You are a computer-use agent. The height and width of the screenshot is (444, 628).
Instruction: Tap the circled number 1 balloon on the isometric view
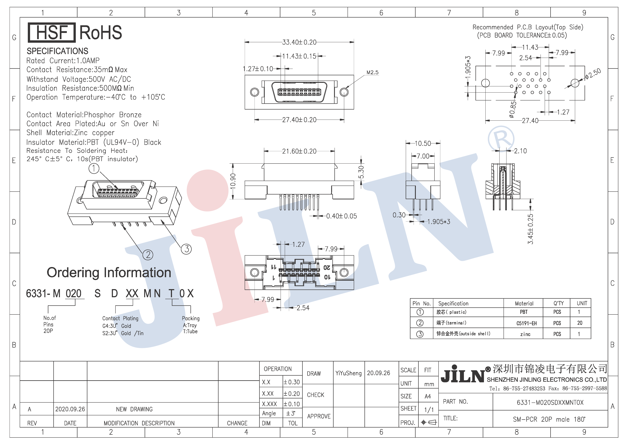94,168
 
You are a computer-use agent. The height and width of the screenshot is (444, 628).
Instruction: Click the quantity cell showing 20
580,323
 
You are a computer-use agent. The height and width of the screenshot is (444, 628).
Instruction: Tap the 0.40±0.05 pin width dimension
341,216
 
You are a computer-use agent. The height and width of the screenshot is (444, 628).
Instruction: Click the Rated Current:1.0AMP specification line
63,61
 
